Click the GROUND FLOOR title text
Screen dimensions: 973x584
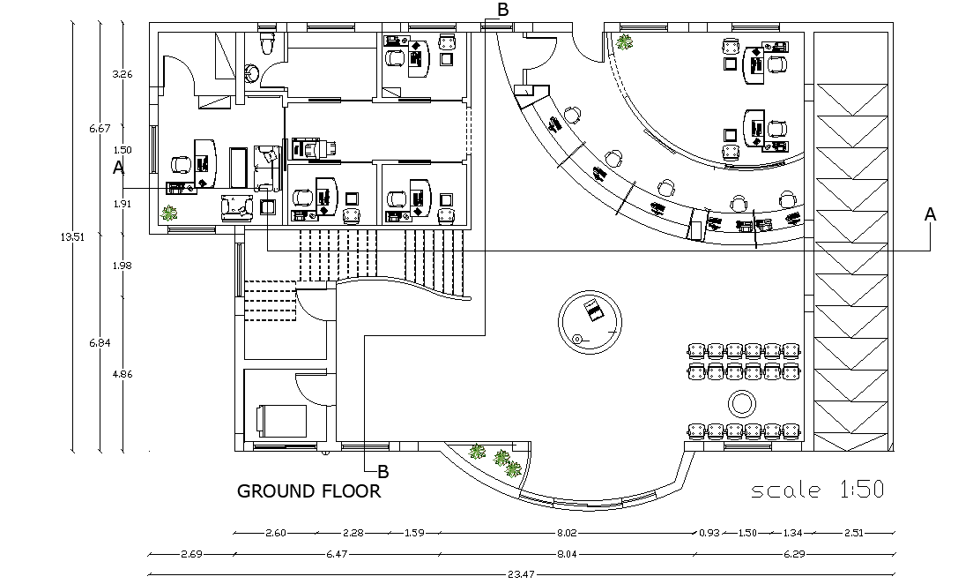click(308, 491)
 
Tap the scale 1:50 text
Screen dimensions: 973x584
click(817, 490)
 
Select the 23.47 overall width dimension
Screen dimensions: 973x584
click(519, 573)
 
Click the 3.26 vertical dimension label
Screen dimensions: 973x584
click(123, 74)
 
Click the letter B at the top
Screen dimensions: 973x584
click(503, 10)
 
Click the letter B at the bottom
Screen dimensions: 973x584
click(383, 471)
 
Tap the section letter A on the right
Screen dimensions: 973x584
click(929, 214)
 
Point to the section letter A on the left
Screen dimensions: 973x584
click(118, 167)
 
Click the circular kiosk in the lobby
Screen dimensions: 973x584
click(590, 321)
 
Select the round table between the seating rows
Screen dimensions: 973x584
click(741, 405)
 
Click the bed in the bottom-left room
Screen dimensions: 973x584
click(281, 420)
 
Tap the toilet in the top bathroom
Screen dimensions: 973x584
click(264, 43)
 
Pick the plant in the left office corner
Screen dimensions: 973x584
click(168, 213)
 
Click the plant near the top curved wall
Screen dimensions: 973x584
click(625, 41)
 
